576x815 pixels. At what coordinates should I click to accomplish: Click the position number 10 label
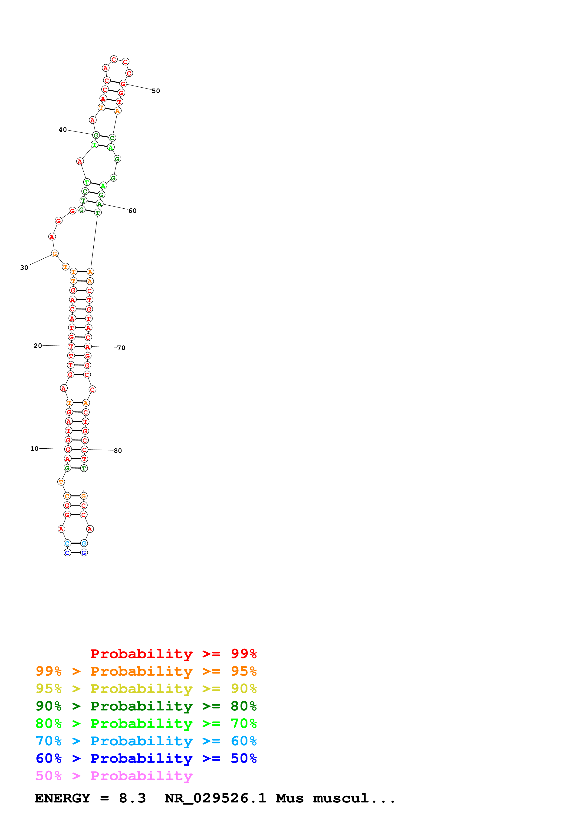[34, 448]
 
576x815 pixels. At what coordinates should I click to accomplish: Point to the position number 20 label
[38, 345]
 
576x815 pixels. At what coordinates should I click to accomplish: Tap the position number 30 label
[24, 268]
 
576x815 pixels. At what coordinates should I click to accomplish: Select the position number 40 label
[63, 130]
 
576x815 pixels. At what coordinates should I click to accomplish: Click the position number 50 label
[156, 91]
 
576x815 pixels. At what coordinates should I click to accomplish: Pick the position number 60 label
[132, 211]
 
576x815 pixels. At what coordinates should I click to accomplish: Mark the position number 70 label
[121, 348]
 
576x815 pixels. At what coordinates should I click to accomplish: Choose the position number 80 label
[118, 451]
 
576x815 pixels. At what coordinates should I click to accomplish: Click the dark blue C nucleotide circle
[67, 553]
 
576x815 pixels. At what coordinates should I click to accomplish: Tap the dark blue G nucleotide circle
[84, 553]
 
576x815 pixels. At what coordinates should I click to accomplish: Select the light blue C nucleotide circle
[67, 543]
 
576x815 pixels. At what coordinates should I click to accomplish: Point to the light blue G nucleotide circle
[84, 543]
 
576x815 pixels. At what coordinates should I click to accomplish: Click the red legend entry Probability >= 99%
[173, 654]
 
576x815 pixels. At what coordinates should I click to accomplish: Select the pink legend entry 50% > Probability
[114, 776]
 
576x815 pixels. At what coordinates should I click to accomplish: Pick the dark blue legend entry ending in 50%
[146, 759]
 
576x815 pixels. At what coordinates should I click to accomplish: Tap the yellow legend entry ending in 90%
[146, 689]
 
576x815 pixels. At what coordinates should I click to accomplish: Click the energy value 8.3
[132, 798]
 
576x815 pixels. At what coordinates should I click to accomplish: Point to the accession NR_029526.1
[215, 798]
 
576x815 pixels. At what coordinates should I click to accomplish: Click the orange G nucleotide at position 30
[55, 253]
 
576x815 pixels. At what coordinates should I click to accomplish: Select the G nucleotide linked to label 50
[123, 84]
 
